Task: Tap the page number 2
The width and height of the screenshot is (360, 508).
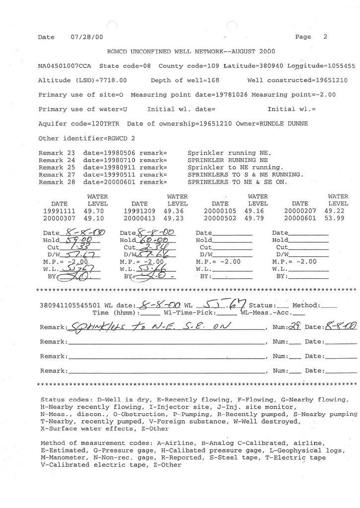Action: [325, 37]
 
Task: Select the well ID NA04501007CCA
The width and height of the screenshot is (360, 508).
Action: [65, 66]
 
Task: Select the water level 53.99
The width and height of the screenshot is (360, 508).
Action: [338, 218]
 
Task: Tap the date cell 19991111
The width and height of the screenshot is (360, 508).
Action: [60, 210]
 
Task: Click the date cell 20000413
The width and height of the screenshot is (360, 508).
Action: [140, 218]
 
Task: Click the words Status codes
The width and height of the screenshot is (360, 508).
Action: [63, 399]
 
